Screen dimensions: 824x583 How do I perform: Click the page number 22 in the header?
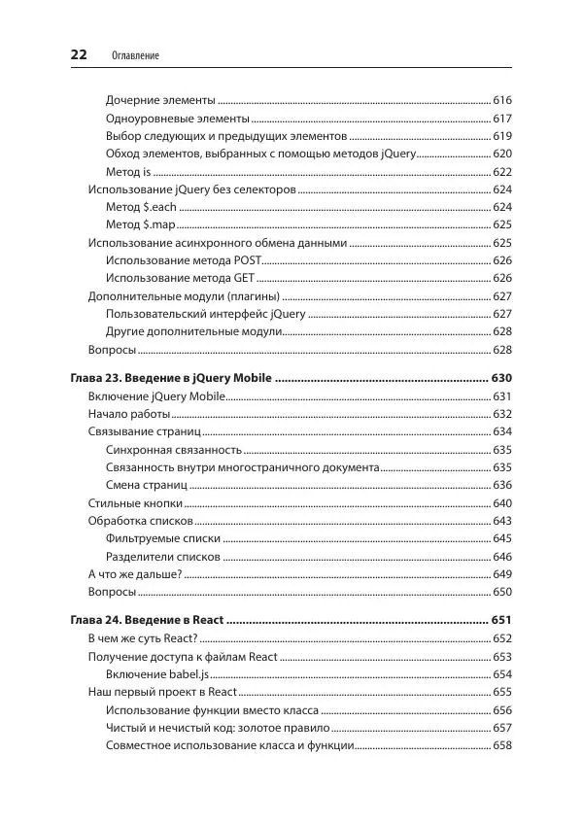point(80,54)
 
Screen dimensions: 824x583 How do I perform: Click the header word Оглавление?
point(137,56)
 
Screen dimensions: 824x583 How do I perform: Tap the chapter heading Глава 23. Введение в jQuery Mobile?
point(171,378)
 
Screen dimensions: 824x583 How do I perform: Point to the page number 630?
point(502,378)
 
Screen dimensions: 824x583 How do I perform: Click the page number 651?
point(502,620)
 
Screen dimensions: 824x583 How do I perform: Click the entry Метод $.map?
point(142,224)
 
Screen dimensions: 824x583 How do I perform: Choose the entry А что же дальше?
point(135,573)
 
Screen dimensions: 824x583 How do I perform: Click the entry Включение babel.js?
point(157,674)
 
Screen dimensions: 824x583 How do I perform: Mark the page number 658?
point(502,745)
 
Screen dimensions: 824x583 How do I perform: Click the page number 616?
point(502,101)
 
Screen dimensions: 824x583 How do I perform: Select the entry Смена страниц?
point(146,485)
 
